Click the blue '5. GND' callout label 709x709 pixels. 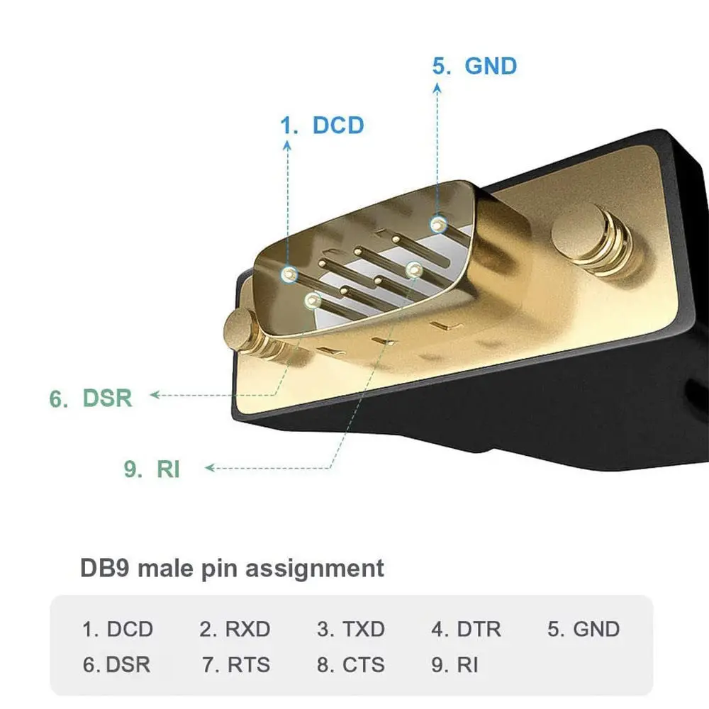tap(474, 66)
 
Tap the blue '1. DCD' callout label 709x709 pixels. tap(322, 125)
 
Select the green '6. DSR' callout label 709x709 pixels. tap(91, 398)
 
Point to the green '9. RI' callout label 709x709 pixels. tap(152, 469)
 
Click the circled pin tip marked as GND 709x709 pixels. tap(438, 224)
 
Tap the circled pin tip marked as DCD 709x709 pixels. tap(289, 274)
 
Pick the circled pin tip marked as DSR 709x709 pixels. tap(313, 300)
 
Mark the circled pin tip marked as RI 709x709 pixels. tap(414, 270)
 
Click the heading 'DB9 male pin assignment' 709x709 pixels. tap(232, 569)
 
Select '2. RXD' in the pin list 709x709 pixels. tap(235, 629)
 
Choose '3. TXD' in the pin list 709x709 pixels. tap(351, 629)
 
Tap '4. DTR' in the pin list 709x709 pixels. tap(467, 629)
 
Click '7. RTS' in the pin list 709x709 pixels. tap(236, 665)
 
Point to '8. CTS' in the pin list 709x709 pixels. tap(351, 665)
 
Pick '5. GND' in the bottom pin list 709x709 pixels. tap(584, 629)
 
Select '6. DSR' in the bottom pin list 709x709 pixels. tap(116, 665)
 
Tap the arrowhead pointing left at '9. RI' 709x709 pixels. tap(211, 467)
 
